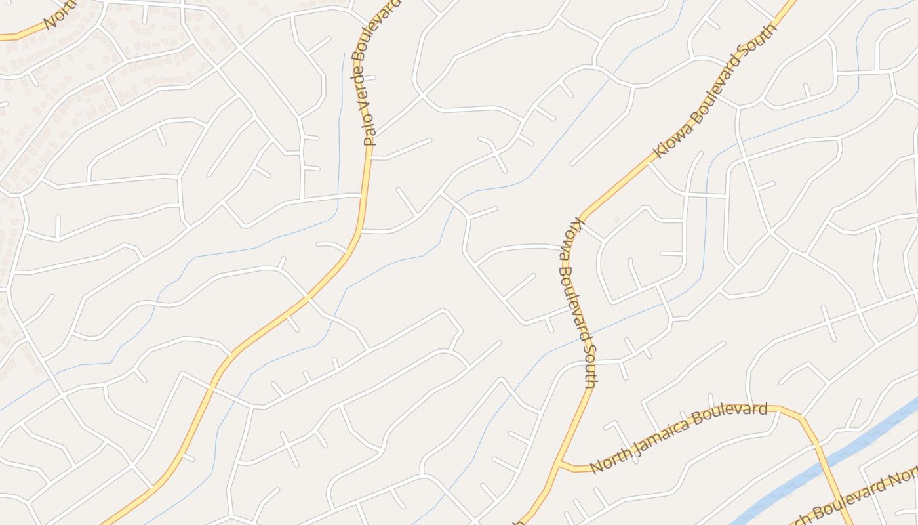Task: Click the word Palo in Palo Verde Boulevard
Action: coord(370,132)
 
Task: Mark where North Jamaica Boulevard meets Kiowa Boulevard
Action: coord(559,465)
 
